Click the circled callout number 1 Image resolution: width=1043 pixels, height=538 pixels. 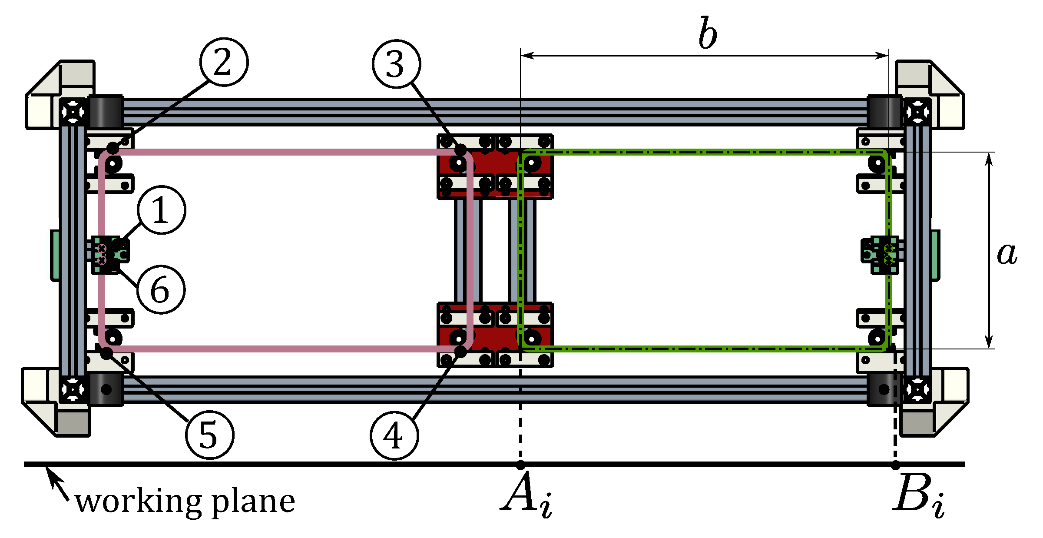[162, 210]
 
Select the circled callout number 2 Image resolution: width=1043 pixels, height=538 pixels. [224, 62]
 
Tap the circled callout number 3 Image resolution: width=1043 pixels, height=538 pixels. [396, 64]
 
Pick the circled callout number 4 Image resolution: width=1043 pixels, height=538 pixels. [394, 435]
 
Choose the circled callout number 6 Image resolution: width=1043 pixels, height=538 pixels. [161, 290]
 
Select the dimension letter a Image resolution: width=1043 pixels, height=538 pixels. [1007, 254]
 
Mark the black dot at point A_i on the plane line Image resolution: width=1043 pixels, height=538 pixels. [520, 465]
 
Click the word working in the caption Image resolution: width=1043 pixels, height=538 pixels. [138, 502]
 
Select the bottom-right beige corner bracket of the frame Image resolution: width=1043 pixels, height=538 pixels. [934, 402]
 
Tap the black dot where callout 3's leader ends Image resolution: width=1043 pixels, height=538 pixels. [461, 150]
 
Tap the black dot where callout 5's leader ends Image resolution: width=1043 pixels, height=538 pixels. [106, 352]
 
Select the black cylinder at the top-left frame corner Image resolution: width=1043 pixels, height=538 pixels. [106, 111]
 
